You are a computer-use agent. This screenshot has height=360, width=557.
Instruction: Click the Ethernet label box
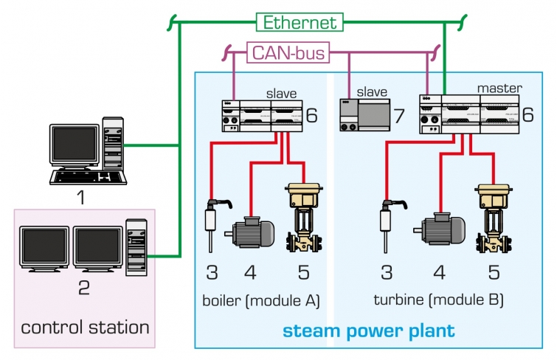(300, 22)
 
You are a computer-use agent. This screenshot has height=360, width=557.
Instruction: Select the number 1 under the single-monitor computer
(83, 197)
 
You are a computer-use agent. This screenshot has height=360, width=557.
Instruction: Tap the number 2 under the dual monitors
(83, 287)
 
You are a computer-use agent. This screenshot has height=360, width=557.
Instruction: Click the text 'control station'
(86, 326)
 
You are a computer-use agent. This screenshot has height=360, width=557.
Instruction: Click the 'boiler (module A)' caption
(260, 300)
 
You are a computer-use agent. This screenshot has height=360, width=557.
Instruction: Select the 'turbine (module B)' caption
(438, 300)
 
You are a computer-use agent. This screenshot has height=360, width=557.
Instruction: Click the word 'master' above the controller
(499, 88)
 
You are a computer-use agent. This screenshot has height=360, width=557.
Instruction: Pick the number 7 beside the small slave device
(398, 116)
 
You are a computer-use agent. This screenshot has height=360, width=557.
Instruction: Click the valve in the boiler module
(302, 218)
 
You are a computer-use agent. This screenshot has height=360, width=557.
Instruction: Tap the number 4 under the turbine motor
(440, 273)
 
